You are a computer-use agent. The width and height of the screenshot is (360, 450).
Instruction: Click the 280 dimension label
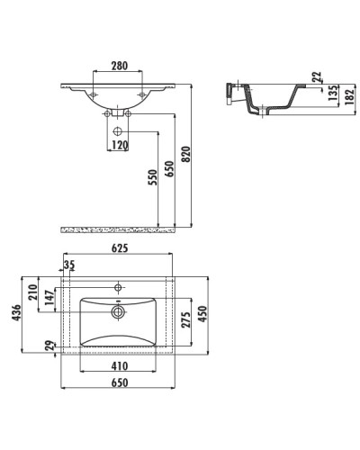click(120, 66)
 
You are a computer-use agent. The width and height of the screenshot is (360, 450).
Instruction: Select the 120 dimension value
click(120, 145)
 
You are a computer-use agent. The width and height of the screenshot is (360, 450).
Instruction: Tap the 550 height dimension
click(153, 177)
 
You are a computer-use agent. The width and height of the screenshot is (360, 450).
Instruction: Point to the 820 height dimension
click(186, 154)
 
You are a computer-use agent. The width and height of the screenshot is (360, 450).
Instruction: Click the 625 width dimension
click(120, 248)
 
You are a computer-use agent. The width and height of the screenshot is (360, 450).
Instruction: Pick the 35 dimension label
click(69, 265)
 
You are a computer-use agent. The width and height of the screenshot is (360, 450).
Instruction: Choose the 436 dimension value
click(17, 312)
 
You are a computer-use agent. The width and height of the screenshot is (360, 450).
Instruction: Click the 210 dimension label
click(32, 292)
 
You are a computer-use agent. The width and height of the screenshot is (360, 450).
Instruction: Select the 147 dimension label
click(49, 297)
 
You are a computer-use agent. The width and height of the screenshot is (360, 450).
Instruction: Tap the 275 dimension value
click(186, 319)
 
